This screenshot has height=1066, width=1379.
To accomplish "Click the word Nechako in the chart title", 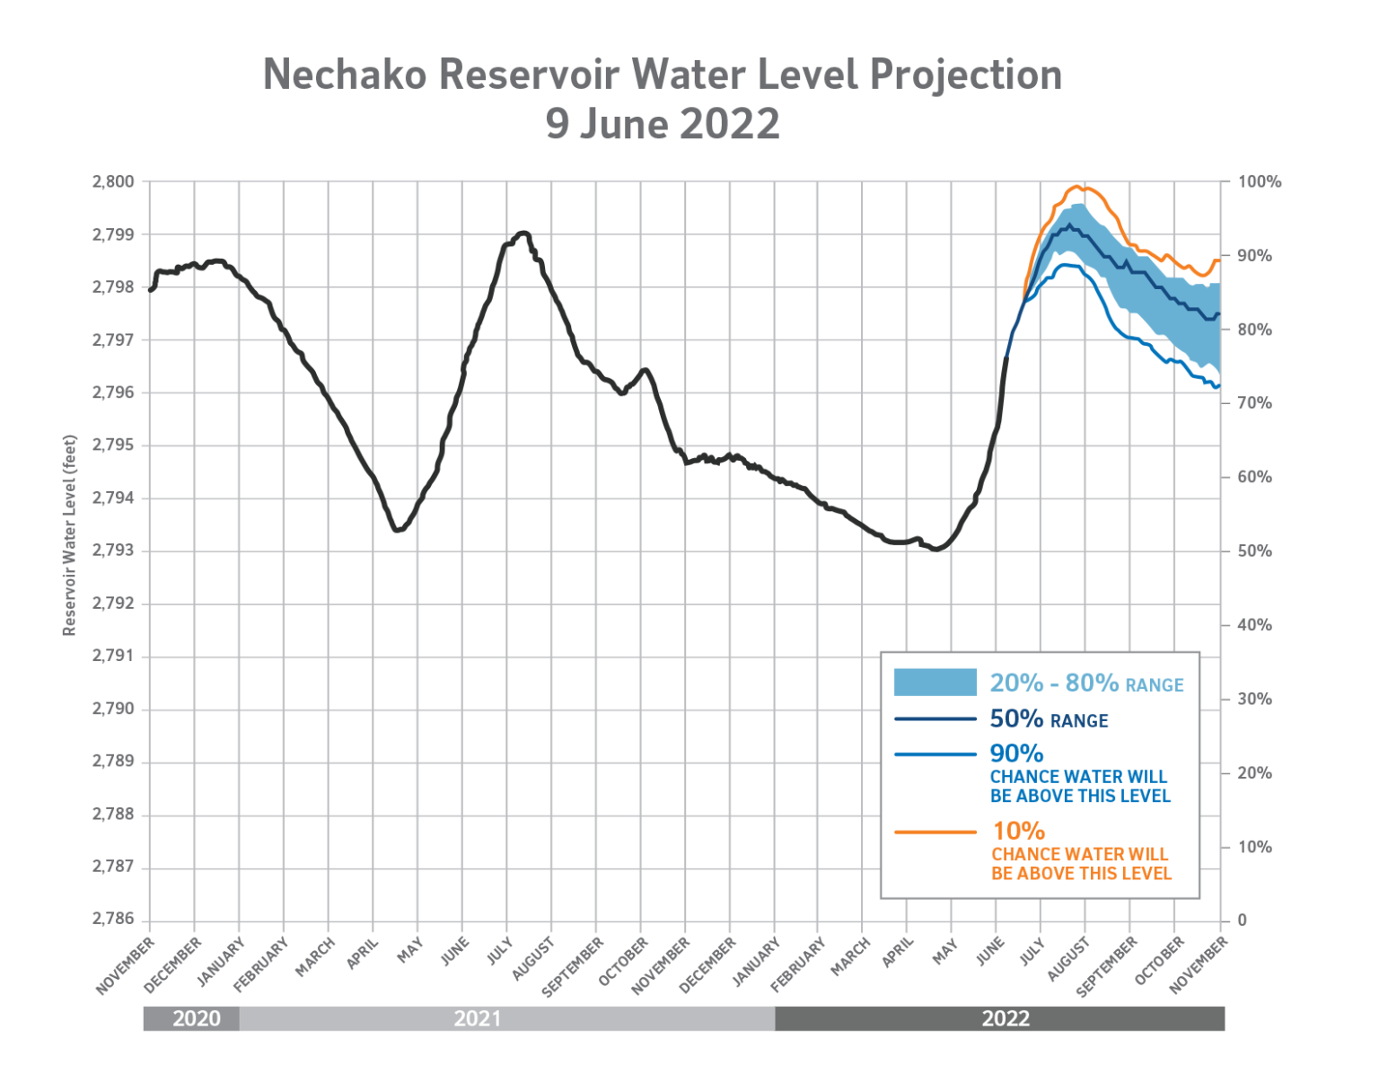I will click(x=344, y=75).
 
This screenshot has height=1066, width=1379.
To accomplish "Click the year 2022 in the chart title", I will click(x=729, y=124).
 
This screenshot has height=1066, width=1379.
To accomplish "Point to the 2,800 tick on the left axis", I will click(x=113, y=181).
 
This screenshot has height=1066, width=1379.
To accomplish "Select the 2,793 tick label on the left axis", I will click(x=113, y=551).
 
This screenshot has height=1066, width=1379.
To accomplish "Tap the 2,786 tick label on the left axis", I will click(x=113, y=920).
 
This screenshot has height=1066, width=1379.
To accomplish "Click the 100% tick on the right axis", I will click(x=1259, y=182).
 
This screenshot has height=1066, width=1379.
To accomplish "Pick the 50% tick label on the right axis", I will click(x=1254, y=551).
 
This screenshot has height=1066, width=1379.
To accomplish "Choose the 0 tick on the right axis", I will click(x=1242, y=921).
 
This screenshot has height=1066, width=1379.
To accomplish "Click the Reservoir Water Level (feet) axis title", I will click(x=69, y=535).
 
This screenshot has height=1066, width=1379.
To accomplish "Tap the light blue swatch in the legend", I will click(x=935, y=682).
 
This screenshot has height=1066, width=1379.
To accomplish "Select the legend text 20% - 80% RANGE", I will click(x=1086, y=683).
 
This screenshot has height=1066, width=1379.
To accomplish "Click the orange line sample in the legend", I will click(x=935, y=833).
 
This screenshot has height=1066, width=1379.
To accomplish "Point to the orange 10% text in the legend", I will click(x=1018, y=831).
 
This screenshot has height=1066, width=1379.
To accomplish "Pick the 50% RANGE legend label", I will click(x=1049, y=719).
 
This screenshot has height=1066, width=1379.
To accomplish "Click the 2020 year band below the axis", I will click(x=196, y=1018).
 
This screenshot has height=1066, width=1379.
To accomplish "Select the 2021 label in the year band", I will click(x=477, y=1018).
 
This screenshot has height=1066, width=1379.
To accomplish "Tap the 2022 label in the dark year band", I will click(x=1005, y=1018).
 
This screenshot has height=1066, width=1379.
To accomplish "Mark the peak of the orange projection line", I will click(x=1076, y=187).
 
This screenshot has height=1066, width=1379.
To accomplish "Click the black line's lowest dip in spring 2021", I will click(x=397, y=530).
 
